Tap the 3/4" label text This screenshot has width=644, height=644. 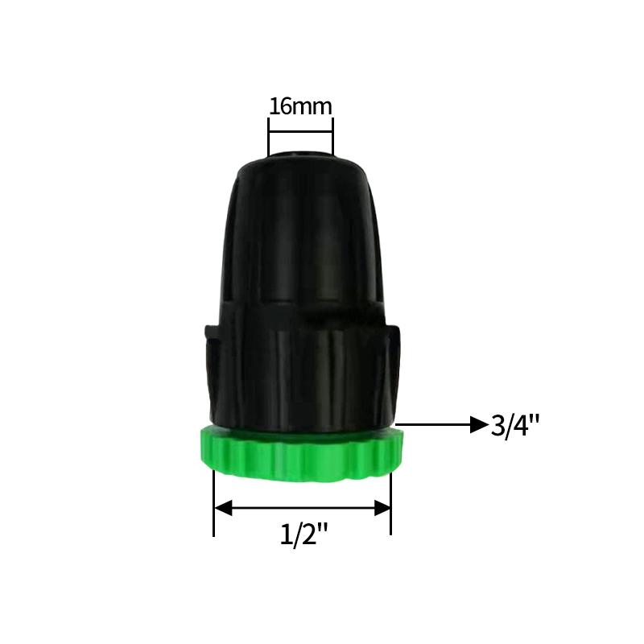pyautogui.click(x=514, y=425)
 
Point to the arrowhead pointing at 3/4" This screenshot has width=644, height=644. pyautogui.click(x=478, y=424)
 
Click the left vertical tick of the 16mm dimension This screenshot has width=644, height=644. pyautogui.click(x=268, y=137)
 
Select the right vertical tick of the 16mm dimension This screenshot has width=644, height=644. pyautogui.click(x=332, y=137)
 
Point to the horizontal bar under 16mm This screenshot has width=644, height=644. pyautogui.click(x=300, y=130)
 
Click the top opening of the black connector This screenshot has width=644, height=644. pyautogui.click(x=300, y=155)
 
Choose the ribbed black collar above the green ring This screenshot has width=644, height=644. pyautogui.click(x=299, y=370)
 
